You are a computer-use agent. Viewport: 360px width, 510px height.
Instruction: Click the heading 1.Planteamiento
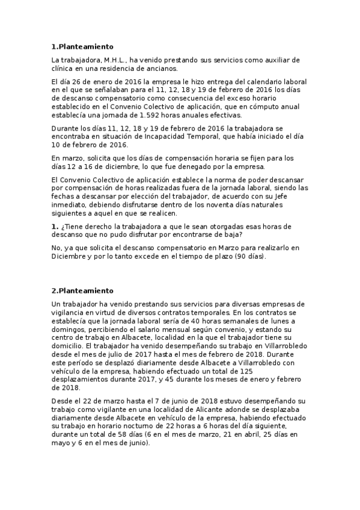[82, 46]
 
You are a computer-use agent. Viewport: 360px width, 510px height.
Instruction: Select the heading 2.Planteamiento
[82, 290]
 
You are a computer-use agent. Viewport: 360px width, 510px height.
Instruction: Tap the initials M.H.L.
[115, 61]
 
